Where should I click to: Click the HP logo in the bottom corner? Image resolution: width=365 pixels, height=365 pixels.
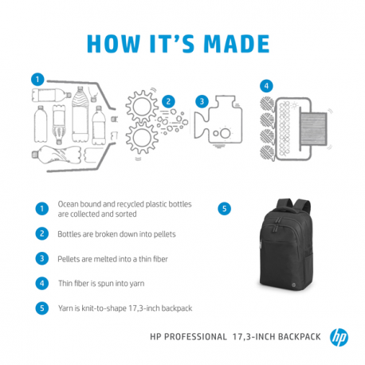pos(340,336)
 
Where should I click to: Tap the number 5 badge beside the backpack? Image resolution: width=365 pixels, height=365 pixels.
pos(226,209)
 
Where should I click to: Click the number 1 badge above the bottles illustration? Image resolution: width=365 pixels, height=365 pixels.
pos(35,79)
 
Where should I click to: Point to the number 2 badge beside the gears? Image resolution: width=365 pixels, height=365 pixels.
pos(169,101)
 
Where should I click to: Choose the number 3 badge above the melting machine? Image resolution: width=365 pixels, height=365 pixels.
pos(202,101)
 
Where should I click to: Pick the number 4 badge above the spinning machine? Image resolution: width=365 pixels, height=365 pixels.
pos(267,85)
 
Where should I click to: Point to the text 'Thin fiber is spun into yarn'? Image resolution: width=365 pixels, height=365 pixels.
pos(107,282)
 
